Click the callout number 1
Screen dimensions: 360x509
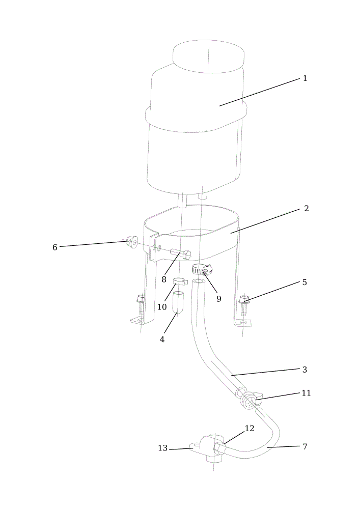[x=304, y=78]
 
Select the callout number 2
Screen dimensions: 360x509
[x=306, y=208]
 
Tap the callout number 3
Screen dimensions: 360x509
[x=304, y=370]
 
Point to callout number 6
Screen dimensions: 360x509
[x=55, y=247]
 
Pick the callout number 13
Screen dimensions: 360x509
[x=162, y=448]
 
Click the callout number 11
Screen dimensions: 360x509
[x=306, y=393]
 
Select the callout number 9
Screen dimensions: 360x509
[x=219, y=299]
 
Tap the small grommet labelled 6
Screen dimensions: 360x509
[x=132, y=241]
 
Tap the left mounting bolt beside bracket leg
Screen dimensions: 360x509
[x=141, y=304]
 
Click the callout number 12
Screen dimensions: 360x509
[x=250, y=429]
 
